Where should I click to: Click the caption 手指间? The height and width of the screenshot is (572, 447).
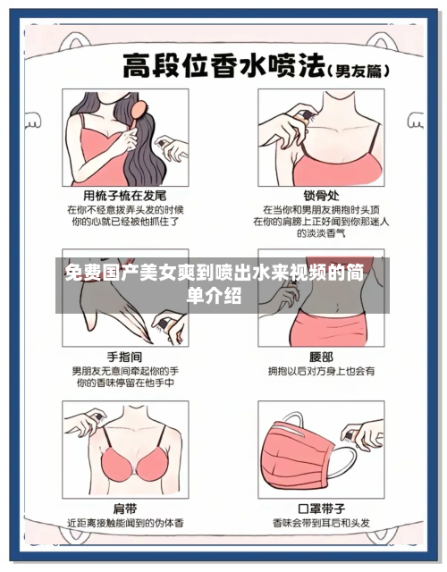pos(124,355)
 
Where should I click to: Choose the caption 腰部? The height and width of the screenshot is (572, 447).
pos(320,355)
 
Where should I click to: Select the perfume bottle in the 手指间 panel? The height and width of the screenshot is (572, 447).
pos(165,324)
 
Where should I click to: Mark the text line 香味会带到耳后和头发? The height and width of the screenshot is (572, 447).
pos(320,522)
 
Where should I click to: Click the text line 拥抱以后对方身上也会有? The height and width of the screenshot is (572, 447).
pos(320,369)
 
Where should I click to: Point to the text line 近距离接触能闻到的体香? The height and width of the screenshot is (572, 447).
pos(124,522)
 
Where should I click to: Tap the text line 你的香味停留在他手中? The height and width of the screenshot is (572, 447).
pos(124,383)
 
